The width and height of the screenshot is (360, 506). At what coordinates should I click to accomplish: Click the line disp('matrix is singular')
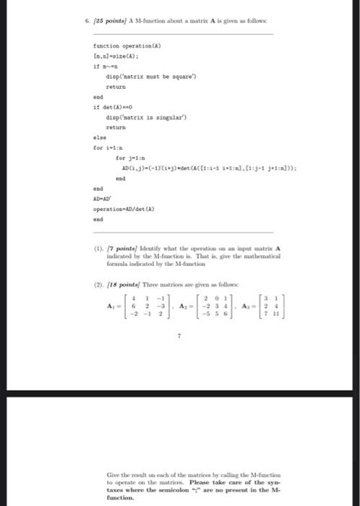click(141, 117)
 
